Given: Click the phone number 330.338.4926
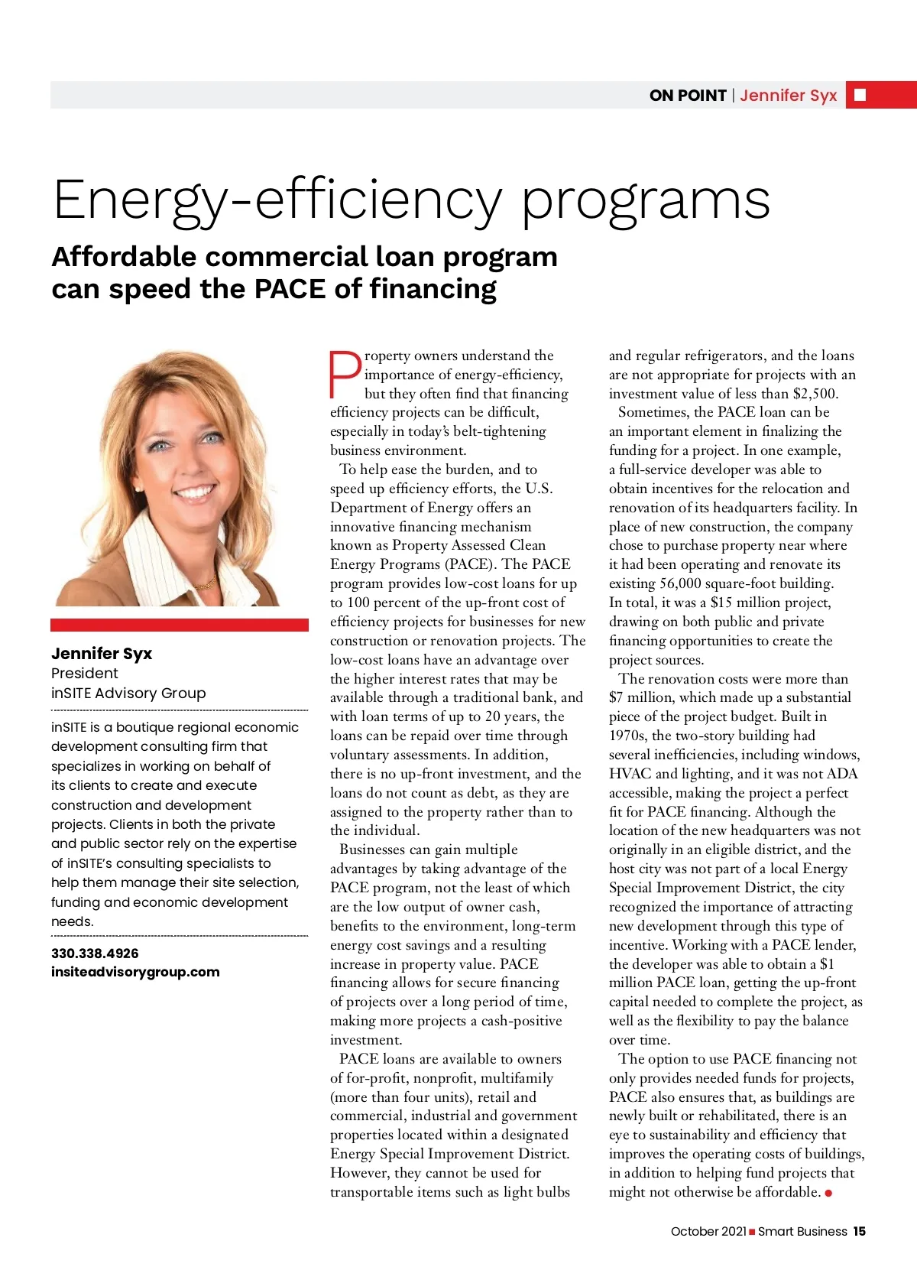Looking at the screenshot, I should pyautogui.click(x=95, y=953).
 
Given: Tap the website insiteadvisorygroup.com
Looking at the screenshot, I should pyautogui.click(x=135, y=972).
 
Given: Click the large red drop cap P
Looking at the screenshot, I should pyautogui.click(x=345, y=374).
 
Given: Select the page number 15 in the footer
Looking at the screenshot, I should pyautogui.click(x=860, y=1231).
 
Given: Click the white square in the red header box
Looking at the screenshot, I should pyautogui.click(x=860, y=95).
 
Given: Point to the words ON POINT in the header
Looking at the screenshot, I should pyautogui.click(x=687, y=96).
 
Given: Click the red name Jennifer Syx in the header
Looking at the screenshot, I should pyautogui.click(x=788, y=96).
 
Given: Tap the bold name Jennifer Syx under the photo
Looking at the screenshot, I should pyautogui.click(x=102, y=654).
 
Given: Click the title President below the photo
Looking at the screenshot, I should pyautogui.click(x=85, y=674).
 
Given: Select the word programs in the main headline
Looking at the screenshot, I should pyautogui.click(x=646, y=200).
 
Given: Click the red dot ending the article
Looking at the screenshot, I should pyautogui.click(x=828, y=1193).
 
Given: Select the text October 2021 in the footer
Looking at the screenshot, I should pyautogui.click(x=708, y=1231).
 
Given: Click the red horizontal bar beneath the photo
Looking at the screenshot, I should pyautogui.click(x=180, y=625).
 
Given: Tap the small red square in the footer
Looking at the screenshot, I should pyautogui.click(x=752, y=1232).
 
